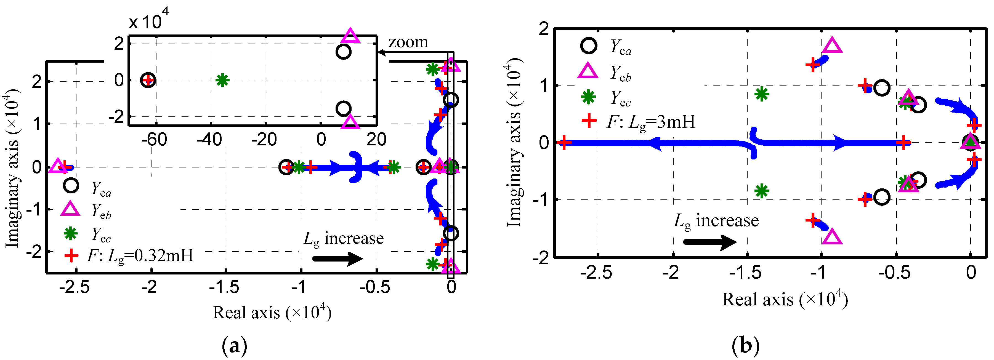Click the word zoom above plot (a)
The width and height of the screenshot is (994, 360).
click(x=408, y=42)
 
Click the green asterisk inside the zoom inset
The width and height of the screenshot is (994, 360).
click(x=222, y=80)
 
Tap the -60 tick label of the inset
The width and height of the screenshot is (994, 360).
click(x=154, y=139)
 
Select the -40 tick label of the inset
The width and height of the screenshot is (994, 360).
click(x=209, y=139)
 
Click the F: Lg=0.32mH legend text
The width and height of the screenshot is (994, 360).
click(x=140, y=255)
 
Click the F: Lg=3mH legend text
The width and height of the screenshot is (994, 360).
click(x=651, y=122)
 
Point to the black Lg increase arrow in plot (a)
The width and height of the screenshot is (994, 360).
click(x=337, y=258)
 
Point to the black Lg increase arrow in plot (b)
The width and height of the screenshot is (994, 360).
click(x=709, y=242)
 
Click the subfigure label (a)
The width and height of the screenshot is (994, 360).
click(x=235, y=346)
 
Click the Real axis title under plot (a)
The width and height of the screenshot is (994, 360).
click(x=272, y=312)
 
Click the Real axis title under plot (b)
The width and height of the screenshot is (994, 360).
click(x=785, y=299)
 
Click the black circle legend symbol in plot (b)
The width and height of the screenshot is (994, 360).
click(x=589, y=46)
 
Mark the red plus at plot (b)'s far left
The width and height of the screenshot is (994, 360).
click(x=564, y=143)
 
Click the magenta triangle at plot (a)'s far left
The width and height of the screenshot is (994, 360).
click(x=57, y=166)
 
